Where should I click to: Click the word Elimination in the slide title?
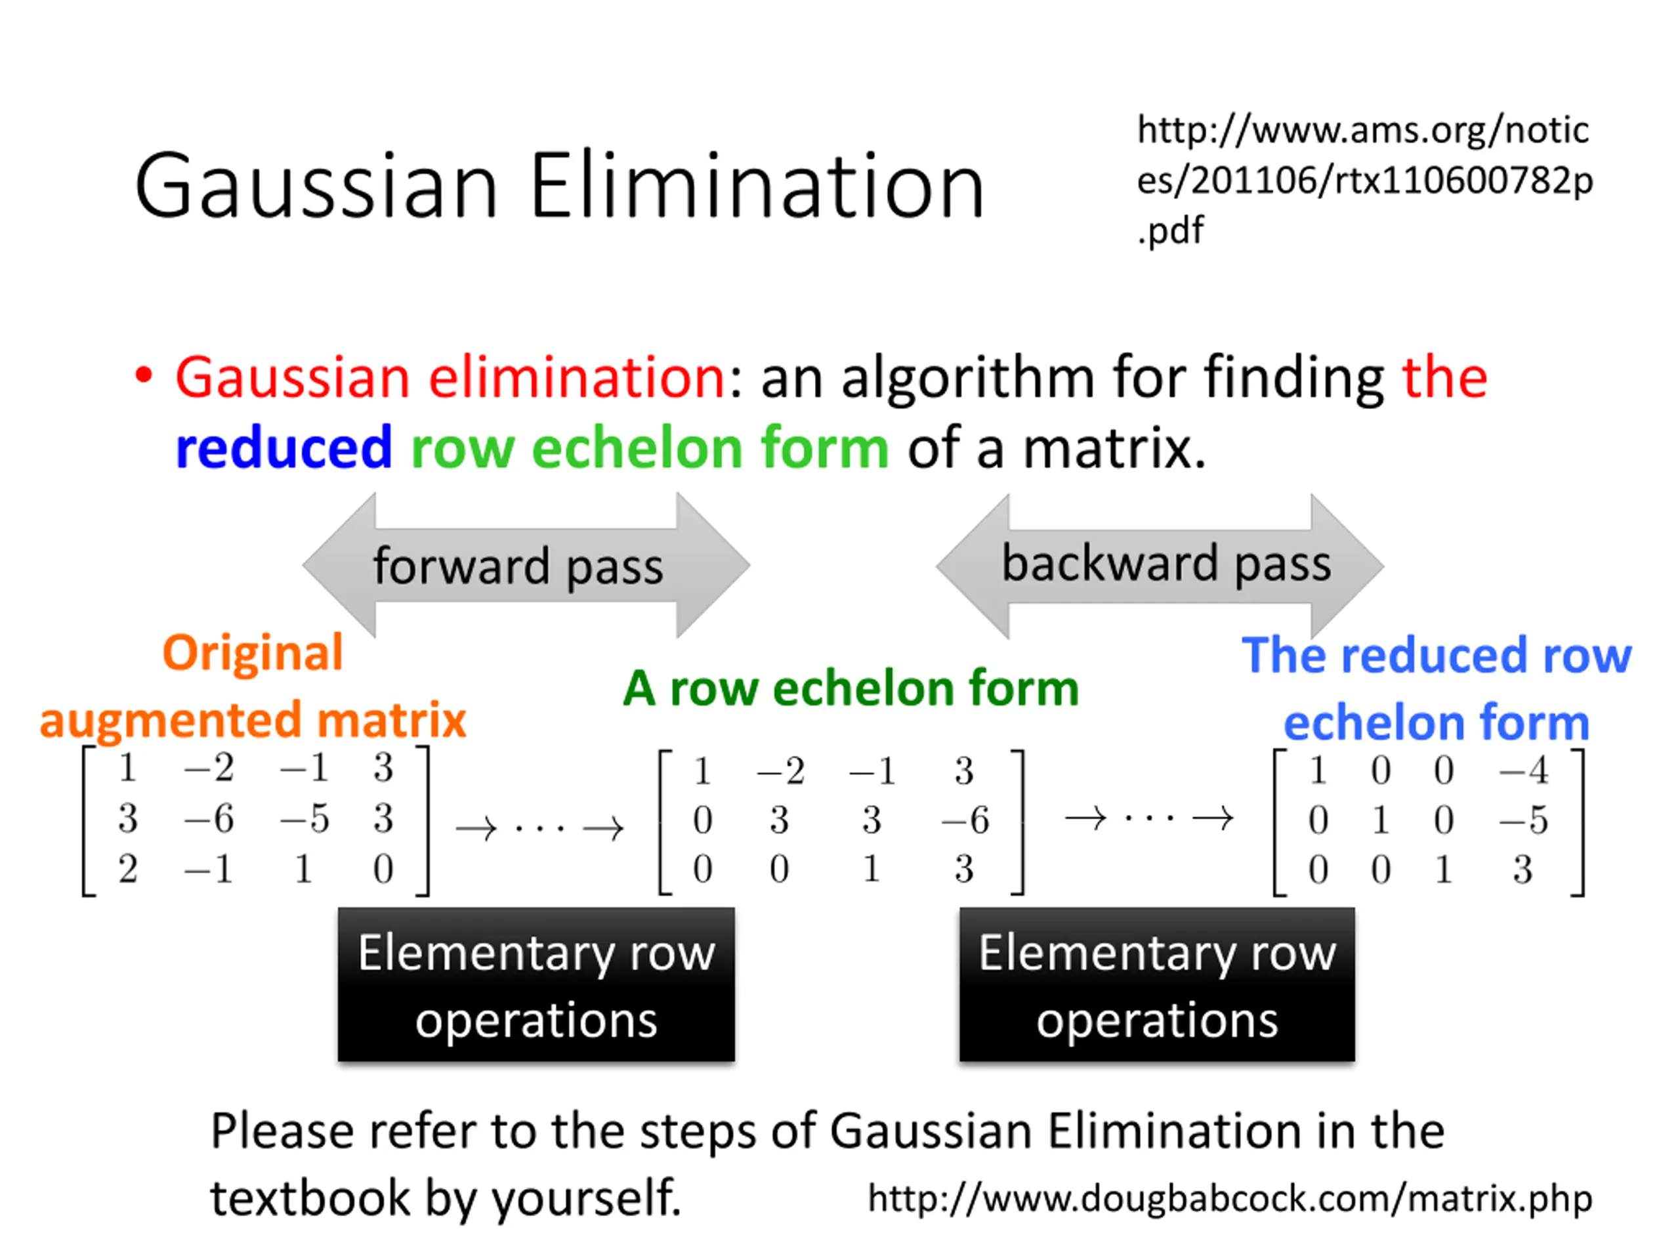coord(757,187)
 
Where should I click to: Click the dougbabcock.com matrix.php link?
coord(1230,1198)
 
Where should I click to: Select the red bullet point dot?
coord(144,375)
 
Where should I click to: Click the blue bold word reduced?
coord(283,448)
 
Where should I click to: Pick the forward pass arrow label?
coord(518,566)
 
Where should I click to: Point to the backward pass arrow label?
coord(1165,564)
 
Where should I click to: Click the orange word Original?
coord(252,652)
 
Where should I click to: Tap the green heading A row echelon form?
coord(850,688)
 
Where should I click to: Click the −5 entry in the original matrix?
coord(304,819)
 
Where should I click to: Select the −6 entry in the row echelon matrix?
coord(965,820)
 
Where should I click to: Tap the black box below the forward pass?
coord(536,984)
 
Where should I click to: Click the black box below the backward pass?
coord(1157,984)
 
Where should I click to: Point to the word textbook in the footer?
coord(310,1198)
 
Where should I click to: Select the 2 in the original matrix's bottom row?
coord(127,869)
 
